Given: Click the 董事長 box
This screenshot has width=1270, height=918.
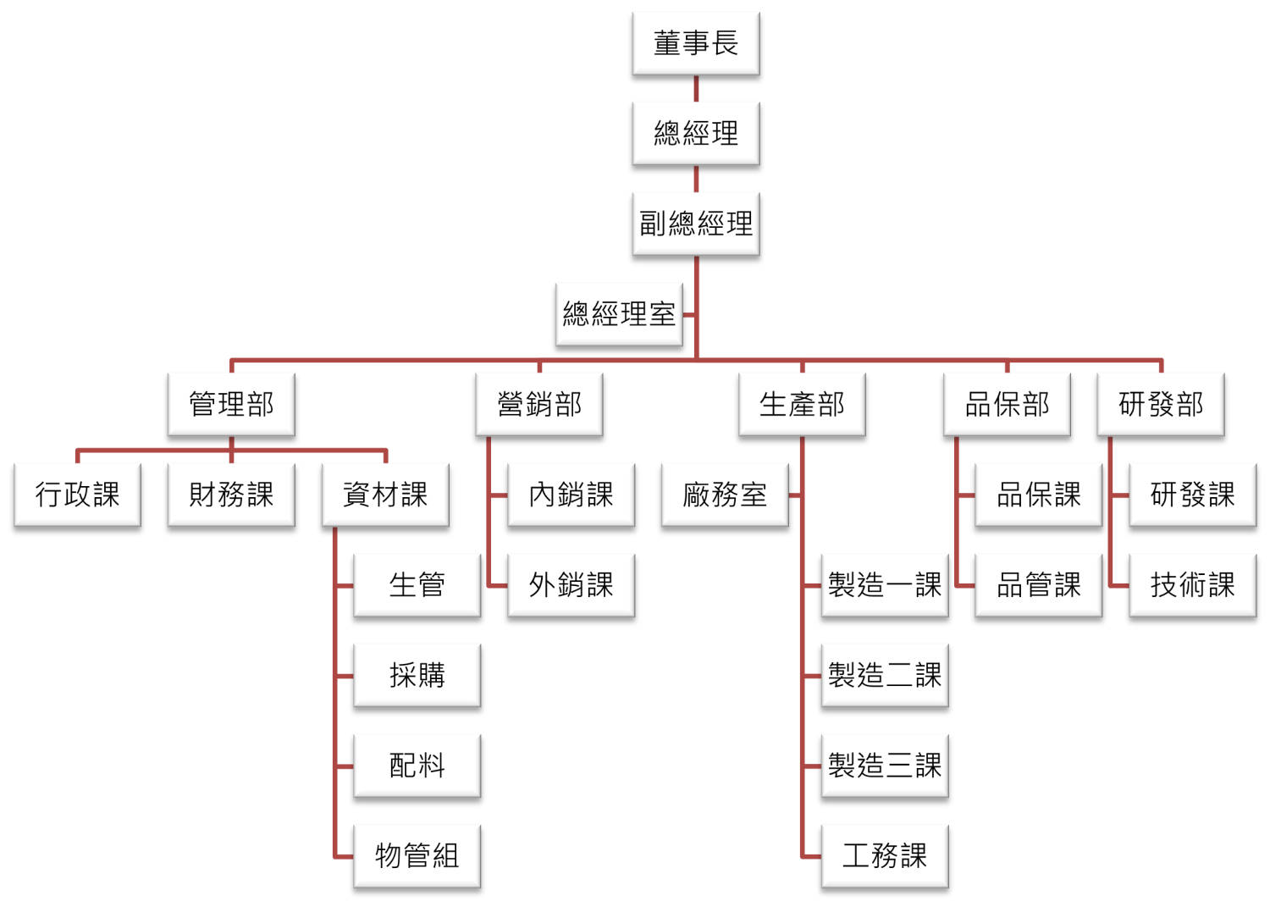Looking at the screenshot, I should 695,43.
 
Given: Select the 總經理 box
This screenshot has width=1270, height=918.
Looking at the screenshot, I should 695,133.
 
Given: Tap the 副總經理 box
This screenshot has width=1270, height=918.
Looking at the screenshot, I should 695,224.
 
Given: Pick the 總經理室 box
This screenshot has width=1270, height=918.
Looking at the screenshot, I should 619,314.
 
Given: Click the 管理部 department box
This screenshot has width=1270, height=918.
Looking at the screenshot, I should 231,404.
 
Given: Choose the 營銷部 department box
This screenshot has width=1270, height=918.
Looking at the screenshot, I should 539,404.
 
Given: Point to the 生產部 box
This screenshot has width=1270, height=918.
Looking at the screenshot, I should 802,404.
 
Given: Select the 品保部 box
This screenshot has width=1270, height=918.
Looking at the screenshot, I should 1007,404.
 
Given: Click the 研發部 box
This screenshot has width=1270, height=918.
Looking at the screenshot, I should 1161,404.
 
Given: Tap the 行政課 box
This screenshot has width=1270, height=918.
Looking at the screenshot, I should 77,495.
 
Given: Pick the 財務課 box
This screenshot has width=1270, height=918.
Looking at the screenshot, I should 231,495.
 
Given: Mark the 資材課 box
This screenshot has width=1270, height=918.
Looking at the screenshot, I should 385,495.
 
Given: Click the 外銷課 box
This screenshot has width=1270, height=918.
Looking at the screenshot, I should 571,585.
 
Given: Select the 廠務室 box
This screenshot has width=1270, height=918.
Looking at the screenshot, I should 725,495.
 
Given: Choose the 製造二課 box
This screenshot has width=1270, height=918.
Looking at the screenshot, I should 885,675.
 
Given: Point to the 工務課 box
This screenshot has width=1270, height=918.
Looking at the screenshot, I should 885,856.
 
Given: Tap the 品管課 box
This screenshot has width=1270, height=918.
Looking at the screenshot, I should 1039,585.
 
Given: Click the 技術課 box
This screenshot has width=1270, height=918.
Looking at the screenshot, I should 1193,585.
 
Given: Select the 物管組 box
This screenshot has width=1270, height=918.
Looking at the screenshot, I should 417,856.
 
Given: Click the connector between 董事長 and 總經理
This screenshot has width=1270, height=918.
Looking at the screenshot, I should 696,89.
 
